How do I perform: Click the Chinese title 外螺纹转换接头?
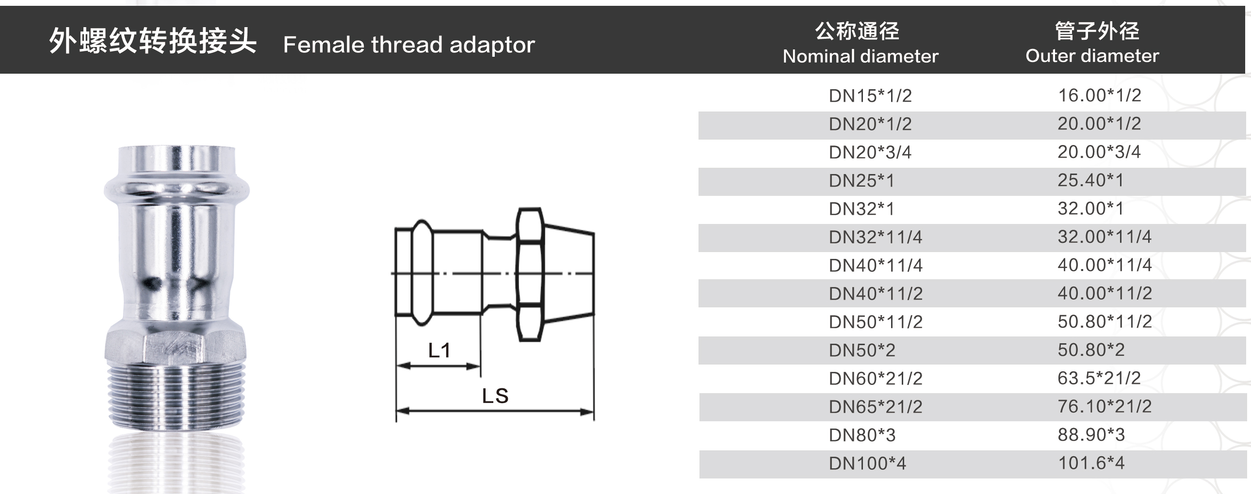[x=152, y=41]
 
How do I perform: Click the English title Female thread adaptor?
[x=409, y=45]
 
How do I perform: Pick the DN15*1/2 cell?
[x=870, y=96]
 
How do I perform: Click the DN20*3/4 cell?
[x=870, y=152]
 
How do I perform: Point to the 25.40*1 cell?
[x=1091, y=180]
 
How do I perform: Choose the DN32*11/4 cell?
[x=875, y=237]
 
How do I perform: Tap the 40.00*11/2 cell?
[x=1105, y=293]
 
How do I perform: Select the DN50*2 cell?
[x=862, y=350]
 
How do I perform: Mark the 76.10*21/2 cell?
[x=1105, y=406]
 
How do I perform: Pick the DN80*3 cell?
[x=862, y=435]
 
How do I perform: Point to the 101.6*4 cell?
[x=1091, y=463]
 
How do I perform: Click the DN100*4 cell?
[x=867, y=463]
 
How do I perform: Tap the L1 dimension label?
[x=439, y=351]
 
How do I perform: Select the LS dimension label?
[x=495, y=396]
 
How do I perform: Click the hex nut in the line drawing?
[x=529, y=274]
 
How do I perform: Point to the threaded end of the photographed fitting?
[x=176, y=396]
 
